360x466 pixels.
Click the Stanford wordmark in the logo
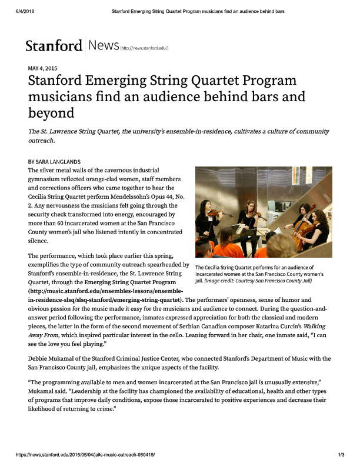pyautogui.click(x=53, y=46)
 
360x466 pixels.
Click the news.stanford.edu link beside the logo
pyautogui.click(x=144, y=48)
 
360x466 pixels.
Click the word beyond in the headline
pyautogui.click(x=51, y=111)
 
